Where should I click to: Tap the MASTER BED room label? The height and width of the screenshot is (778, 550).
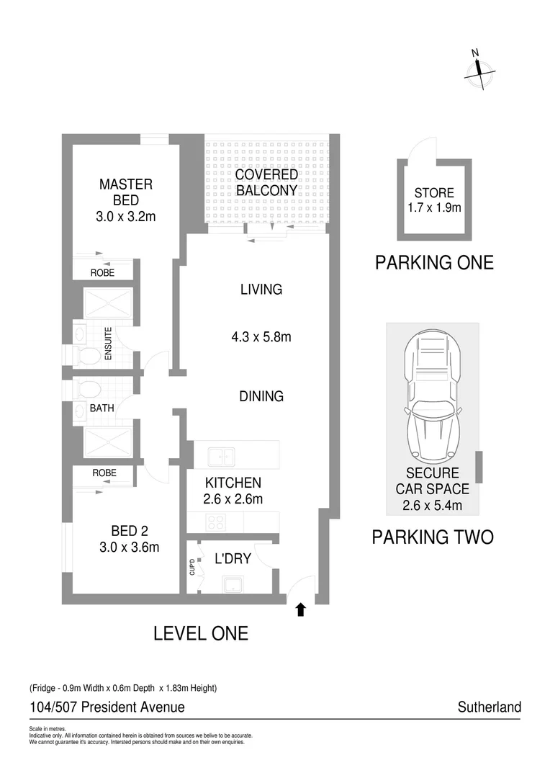126,192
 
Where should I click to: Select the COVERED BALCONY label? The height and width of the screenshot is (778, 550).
266,182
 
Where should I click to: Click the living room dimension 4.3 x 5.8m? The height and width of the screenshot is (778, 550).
261,336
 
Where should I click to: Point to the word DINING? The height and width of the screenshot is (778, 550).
261,396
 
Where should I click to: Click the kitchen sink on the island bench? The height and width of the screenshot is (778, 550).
220,456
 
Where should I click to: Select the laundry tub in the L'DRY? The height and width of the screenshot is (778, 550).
232,584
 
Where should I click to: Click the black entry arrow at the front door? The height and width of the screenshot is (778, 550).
301,610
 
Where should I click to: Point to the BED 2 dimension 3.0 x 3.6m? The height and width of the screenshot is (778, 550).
130,547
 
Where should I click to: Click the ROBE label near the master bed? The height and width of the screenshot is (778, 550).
102,273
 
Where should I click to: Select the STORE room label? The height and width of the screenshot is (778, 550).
434,193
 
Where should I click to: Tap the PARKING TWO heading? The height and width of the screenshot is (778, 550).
432,537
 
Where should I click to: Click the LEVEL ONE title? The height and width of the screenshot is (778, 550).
201,633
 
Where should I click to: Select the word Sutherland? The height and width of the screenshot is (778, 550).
489,707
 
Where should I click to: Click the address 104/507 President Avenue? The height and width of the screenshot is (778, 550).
107,707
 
